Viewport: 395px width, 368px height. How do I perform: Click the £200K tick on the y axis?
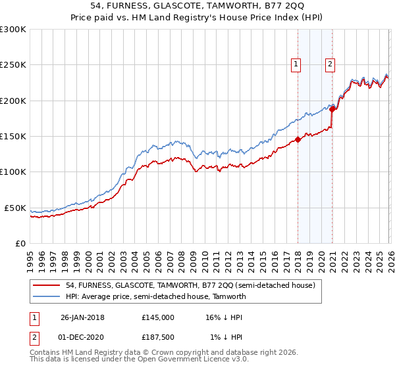click(13, 101)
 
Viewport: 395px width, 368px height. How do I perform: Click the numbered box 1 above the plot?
click(296, 64)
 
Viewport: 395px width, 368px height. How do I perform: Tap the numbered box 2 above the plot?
click(330, 64)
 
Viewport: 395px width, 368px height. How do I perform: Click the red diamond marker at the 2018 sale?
click(298, 139)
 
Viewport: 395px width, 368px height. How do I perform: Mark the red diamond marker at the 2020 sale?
click(332, 110)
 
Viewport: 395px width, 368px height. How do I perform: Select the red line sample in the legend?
click(46, 285)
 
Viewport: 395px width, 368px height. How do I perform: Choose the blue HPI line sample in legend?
click(46, 296)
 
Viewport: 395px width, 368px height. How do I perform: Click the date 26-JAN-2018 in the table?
click(82, 317)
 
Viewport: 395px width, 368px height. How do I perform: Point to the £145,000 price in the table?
click(158, 317)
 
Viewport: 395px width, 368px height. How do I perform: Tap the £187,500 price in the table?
click(158, 338)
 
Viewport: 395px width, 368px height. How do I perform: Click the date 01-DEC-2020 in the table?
click(82, 338)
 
